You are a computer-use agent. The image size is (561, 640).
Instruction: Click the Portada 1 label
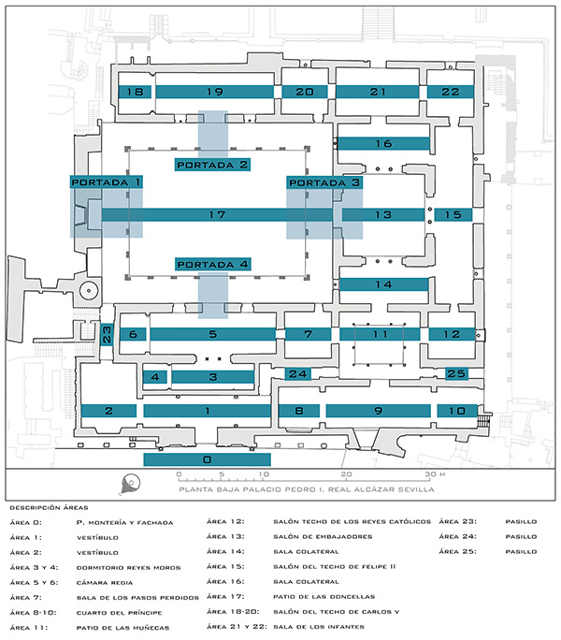(106, 182)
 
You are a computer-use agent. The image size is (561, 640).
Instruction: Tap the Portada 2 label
(212, 165)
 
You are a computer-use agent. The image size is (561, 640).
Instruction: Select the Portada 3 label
(324, 182)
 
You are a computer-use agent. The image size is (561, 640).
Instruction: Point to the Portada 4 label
(212, 264)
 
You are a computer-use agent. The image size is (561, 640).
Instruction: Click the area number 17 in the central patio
(217, 214)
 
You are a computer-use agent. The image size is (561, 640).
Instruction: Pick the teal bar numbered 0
(208, 459)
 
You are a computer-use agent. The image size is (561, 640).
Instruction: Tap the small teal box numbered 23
(107, 334)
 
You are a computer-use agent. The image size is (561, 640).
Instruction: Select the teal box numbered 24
(298, 373)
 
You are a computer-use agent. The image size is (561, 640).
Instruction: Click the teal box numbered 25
(456, 373)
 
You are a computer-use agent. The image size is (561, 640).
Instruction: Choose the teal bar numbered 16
(383, 144)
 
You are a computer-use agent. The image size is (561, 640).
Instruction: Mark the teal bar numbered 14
(384, 284)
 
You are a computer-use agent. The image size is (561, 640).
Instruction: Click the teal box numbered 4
(155, 377)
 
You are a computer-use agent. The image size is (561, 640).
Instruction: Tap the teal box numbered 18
(135, 92)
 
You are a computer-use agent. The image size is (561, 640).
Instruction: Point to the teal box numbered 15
(453, 214)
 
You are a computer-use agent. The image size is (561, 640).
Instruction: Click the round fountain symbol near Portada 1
(89, 291)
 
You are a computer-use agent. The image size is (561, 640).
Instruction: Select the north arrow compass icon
(130, 484)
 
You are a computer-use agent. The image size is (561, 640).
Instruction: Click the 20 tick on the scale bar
(346, 474)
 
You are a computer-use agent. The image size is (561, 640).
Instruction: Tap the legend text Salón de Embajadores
(323, 536)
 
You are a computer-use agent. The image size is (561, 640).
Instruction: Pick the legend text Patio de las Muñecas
(122, 628)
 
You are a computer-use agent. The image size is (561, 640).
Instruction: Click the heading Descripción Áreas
(49, 508)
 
